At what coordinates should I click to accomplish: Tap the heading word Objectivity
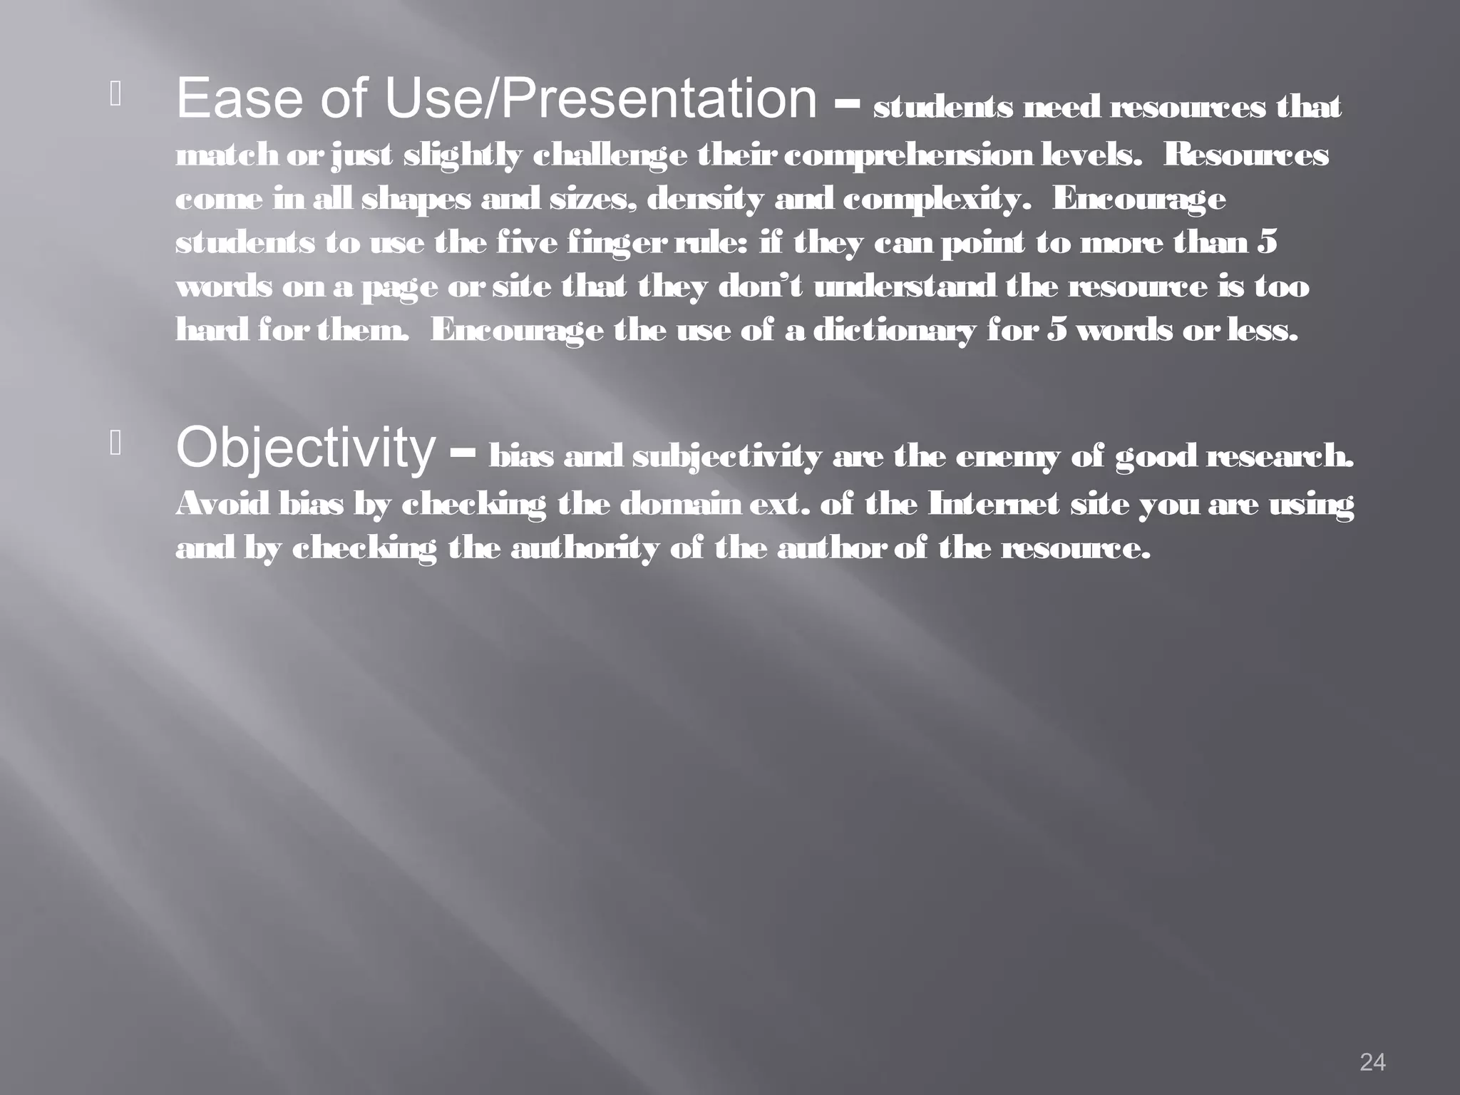[x=305, y=448]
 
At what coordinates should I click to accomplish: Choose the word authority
[x=585, y=549]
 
